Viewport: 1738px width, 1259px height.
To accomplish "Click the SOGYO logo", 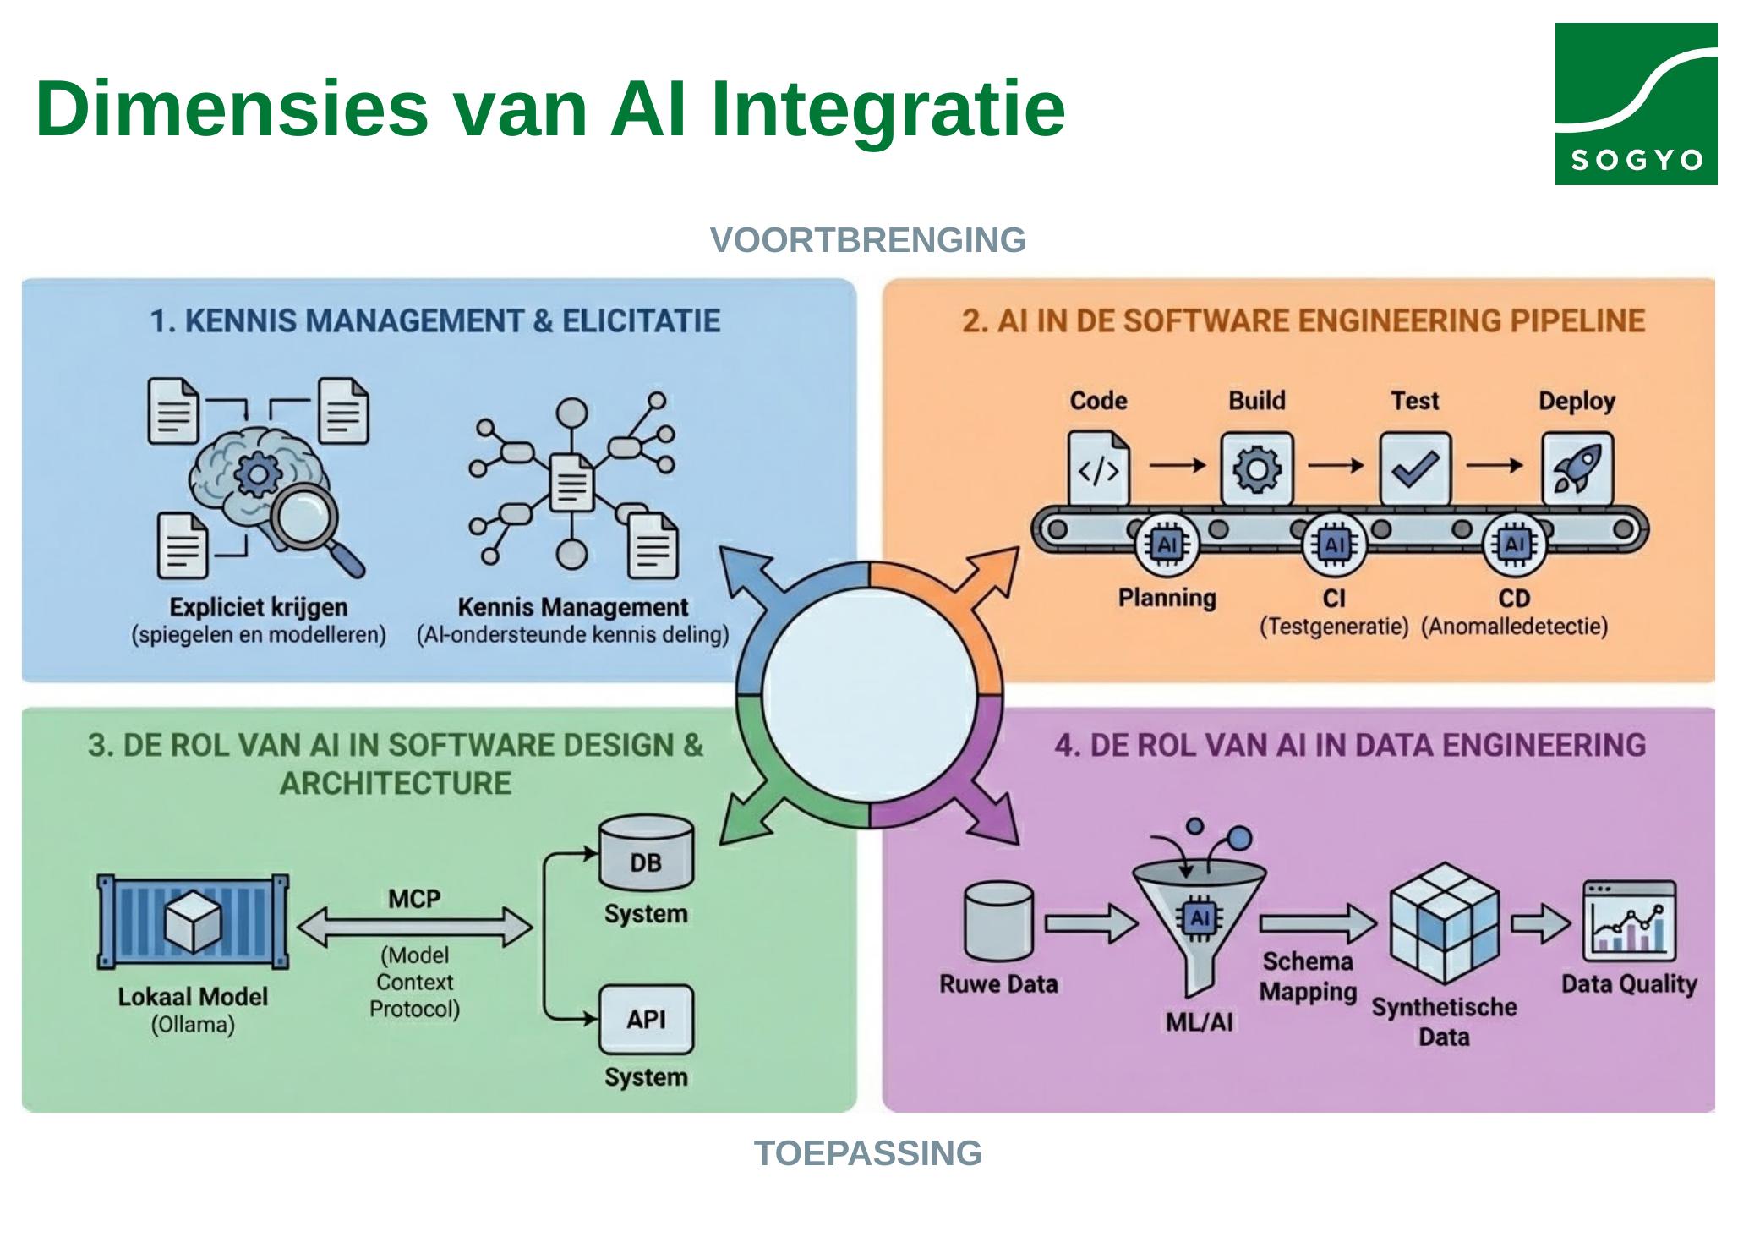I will pyautogui.click(x=1635, y=103).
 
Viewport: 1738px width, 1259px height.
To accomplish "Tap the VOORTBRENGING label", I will pyautogui.click(x=867, y=240).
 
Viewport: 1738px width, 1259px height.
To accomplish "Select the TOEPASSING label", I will pyautogui.click(x=867, y=1153).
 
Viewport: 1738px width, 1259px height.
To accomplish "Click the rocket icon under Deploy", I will pyautogui.click(x=1577, y=468).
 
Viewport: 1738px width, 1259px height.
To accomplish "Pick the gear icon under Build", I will pyautogui.click(x=1256, y=468).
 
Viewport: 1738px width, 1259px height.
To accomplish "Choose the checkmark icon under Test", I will pyautogui.click(x=1415, y=468).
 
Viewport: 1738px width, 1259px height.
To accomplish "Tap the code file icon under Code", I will pyautogui.click(x=1098, y=468).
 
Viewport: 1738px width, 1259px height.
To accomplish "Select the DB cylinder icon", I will pyautogui.click(x=646, y=852).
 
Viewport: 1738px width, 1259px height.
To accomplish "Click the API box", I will pyautogui.click(x=646, y=1019).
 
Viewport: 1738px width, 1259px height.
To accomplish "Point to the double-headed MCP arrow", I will pyautogui.click(x=414, y=928).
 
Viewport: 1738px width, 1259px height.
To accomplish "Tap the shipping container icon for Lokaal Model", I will pyautogui.click(x=193, y=922).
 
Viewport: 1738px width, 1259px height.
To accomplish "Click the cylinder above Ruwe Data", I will pyautogui.click(x=998, y=921).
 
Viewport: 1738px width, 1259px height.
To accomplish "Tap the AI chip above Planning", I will pyautogui.click(x=1167, y=545).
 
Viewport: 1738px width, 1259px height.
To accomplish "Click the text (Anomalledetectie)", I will pyautogui.click(x=1514, y=627).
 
